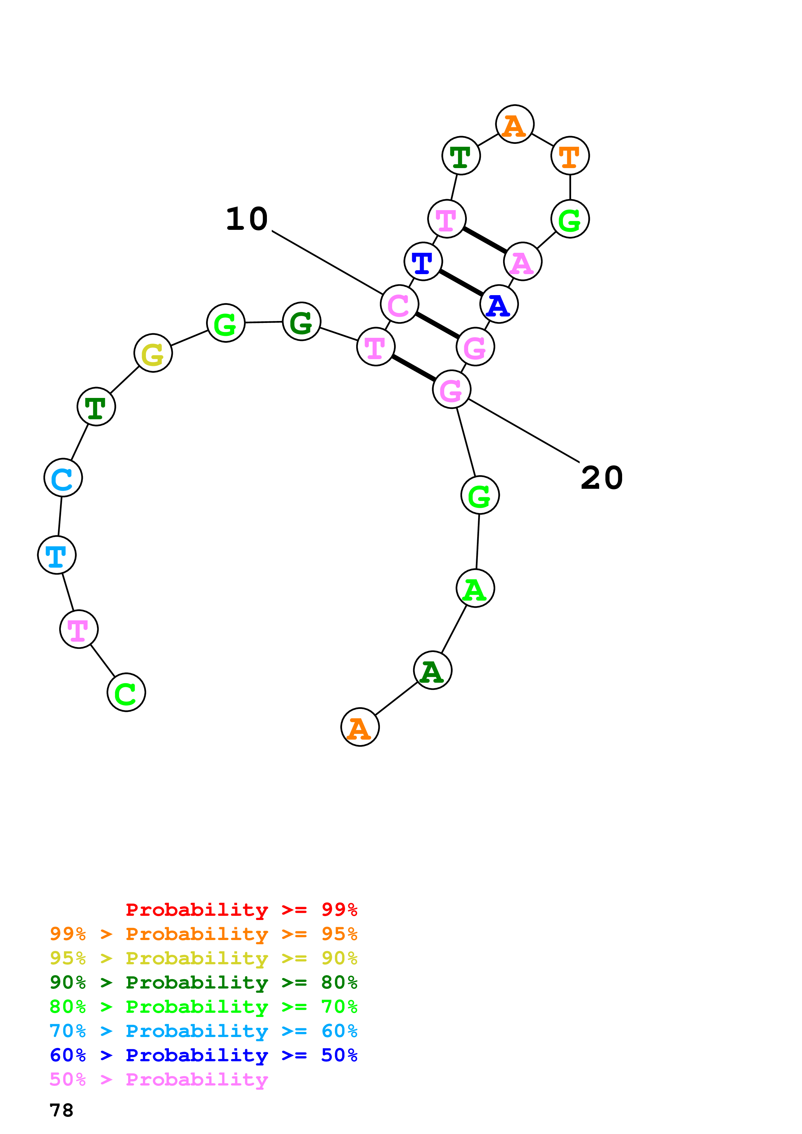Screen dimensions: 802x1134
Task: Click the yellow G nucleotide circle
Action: (153, 353)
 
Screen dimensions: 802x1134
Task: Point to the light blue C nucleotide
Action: (63, 477)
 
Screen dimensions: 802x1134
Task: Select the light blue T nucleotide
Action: (57, 555)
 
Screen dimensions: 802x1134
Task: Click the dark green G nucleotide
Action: (302, 322)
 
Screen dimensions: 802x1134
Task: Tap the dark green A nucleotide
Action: (432, 670)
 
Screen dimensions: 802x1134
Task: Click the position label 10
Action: (247, 219)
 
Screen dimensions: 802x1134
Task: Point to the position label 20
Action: (601, 477)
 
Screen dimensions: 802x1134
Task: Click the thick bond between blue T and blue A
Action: (461, 283)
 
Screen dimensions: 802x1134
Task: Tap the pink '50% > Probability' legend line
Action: (159, 1079)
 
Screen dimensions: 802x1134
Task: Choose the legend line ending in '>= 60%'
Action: (203, 1031)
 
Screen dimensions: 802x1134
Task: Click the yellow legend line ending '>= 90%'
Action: (203, 958)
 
